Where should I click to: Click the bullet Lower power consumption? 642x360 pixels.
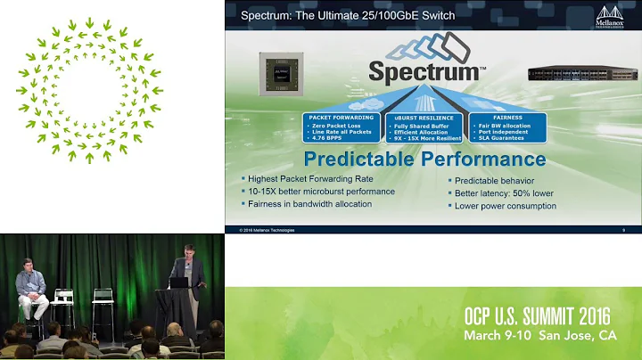coord(506,206)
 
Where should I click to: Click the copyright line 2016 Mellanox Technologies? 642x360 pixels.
coord(267,230)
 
